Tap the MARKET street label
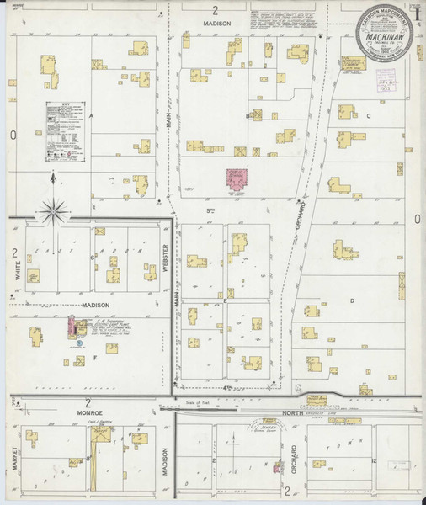pyautogui.click(x=14, y=461)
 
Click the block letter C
pyautogui.click(x=368, y=115)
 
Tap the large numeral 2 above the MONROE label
pyautogui.click(x=88, y=403)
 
